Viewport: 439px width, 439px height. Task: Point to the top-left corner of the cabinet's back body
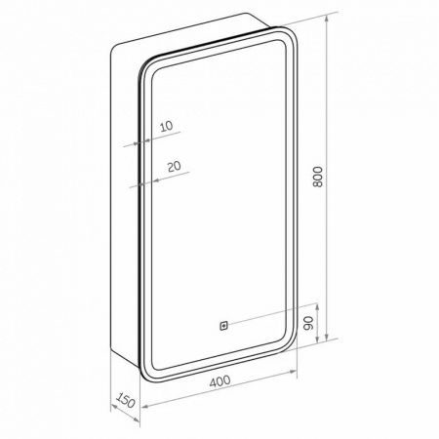click(x=117, y=46)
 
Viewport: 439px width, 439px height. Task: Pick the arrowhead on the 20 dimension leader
click(x=144, y=182)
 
